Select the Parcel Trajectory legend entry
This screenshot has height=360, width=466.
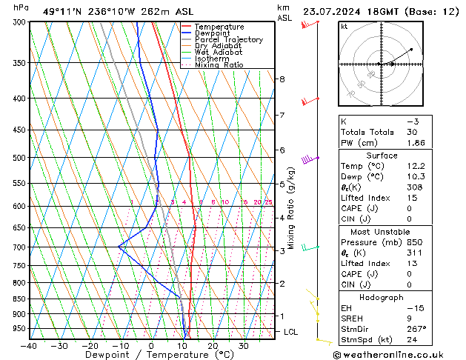(x=228, y=40)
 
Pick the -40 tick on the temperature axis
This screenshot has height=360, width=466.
(x=30, y=345)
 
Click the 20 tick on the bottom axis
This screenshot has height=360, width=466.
(x=212, y=345)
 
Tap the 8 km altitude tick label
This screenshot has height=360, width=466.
(x=282, y=79)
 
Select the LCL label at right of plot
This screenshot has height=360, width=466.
(x=290, y=332)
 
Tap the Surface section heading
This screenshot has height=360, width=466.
(x=382, y=156)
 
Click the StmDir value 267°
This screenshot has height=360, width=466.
(x=416, y=328)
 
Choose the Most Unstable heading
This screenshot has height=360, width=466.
(x=382, y=231)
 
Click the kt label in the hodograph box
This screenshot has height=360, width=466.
(x=344, y=26)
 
